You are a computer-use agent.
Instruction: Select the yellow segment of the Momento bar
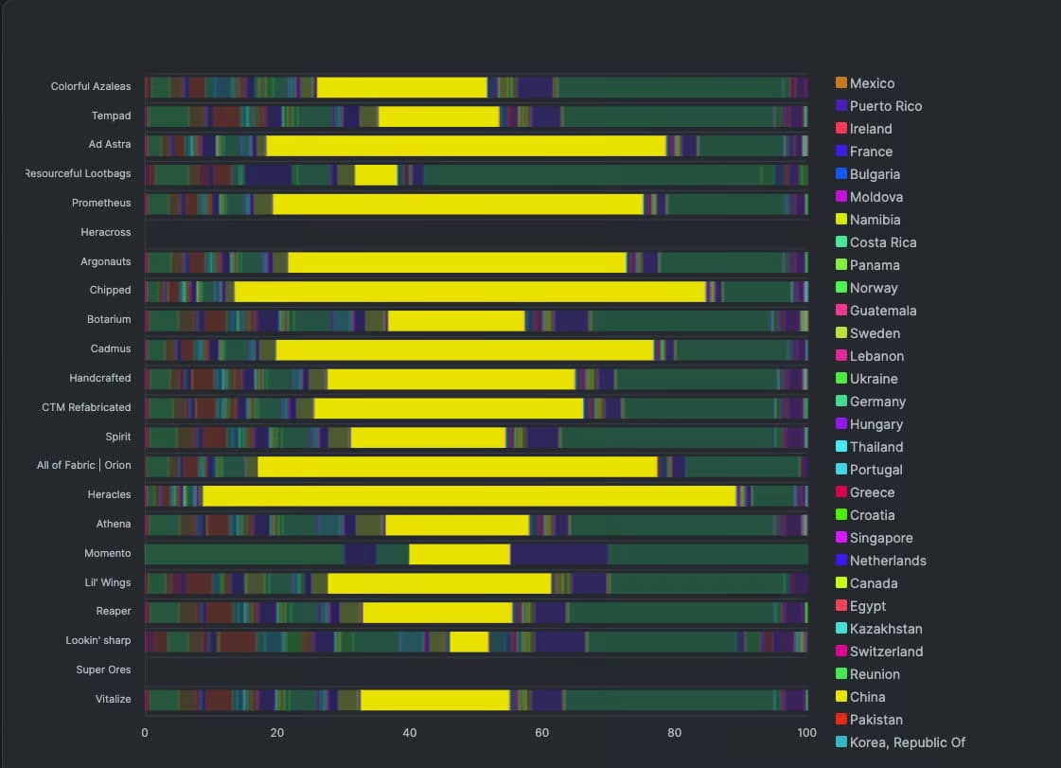(459, 554)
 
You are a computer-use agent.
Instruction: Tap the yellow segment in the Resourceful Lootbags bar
(376, 175)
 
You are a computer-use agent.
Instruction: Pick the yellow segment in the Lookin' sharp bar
(469, 641)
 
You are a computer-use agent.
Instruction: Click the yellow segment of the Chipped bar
(469, 292)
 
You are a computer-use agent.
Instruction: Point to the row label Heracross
(106, 232)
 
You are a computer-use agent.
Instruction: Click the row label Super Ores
(104, 670)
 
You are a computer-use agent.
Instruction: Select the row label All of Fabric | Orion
(84, 466)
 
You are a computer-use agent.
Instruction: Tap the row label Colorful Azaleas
(91, 87)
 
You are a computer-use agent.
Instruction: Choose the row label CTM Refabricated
(86, 407)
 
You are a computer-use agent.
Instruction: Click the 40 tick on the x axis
(410, 733)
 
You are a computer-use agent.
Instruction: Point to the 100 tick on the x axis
(806, 733)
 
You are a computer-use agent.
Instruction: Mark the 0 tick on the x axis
(145, 733)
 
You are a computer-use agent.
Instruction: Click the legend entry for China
(868, 697)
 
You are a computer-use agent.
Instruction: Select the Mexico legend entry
(872, 83)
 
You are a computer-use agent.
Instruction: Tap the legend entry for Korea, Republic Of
(907, 742)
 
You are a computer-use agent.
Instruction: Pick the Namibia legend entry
(875, 220)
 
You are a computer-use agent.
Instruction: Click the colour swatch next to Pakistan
(841, 720)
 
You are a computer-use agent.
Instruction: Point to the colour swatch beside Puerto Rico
(841, 106)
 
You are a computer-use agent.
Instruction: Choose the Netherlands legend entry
(888, 561)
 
